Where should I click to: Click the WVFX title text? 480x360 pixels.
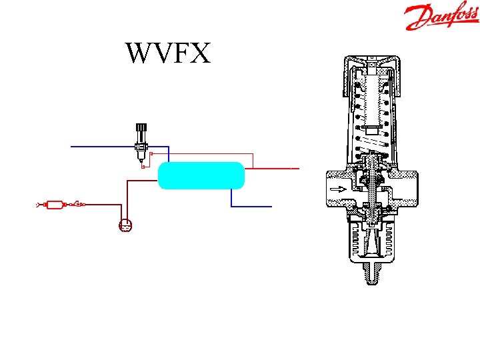point(167,53)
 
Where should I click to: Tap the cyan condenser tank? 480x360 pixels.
point(201,175)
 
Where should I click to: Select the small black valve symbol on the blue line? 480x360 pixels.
point(141,147)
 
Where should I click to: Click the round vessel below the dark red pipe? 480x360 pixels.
point(125,227)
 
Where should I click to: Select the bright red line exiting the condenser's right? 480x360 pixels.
point(273,169)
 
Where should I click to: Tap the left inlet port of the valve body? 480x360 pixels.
point(331,189)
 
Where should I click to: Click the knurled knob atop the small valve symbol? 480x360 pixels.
point(141,128)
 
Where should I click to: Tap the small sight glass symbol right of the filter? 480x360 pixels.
point(78,203)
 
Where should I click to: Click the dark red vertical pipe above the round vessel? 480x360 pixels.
point(125,200)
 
